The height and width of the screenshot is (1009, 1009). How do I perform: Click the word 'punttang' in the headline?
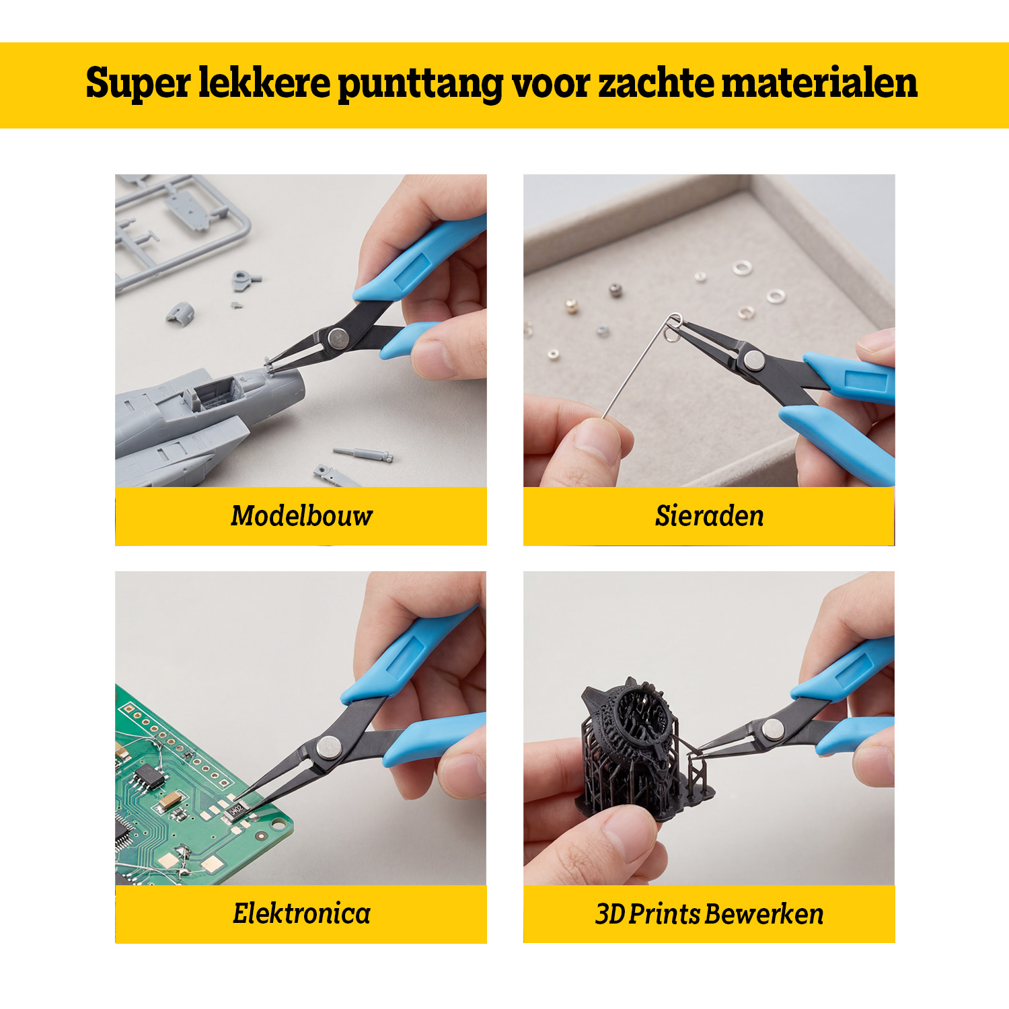pos(420,84)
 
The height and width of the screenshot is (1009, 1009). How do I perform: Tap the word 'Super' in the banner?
pos(138,84)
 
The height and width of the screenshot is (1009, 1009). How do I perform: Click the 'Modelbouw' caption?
pos(301,516)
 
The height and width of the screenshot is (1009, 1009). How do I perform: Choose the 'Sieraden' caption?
pos(710,516)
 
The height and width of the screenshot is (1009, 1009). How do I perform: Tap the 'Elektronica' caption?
pos(301,913)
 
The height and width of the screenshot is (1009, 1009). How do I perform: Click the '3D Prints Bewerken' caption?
pos(710,914)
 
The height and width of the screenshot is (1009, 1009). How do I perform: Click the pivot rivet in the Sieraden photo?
pos(755,361)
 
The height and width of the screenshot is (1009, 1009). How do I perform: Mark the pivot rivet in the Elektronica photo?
pos(328,746)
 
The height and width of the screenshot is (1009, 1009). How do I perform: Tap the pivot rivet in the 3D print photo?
pos(773,728)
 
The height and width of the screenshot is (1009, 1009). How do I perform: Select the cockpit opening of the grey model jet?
pos(216,392)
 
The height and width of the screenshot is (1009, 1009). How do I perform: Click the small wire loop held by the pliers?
pos(673,326)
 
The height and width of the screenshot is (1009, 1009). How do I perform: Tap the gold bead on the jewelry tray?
pos(570,306)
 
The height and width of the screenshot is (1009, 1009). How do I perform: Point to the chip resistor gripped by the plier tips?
pos(237,810)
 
